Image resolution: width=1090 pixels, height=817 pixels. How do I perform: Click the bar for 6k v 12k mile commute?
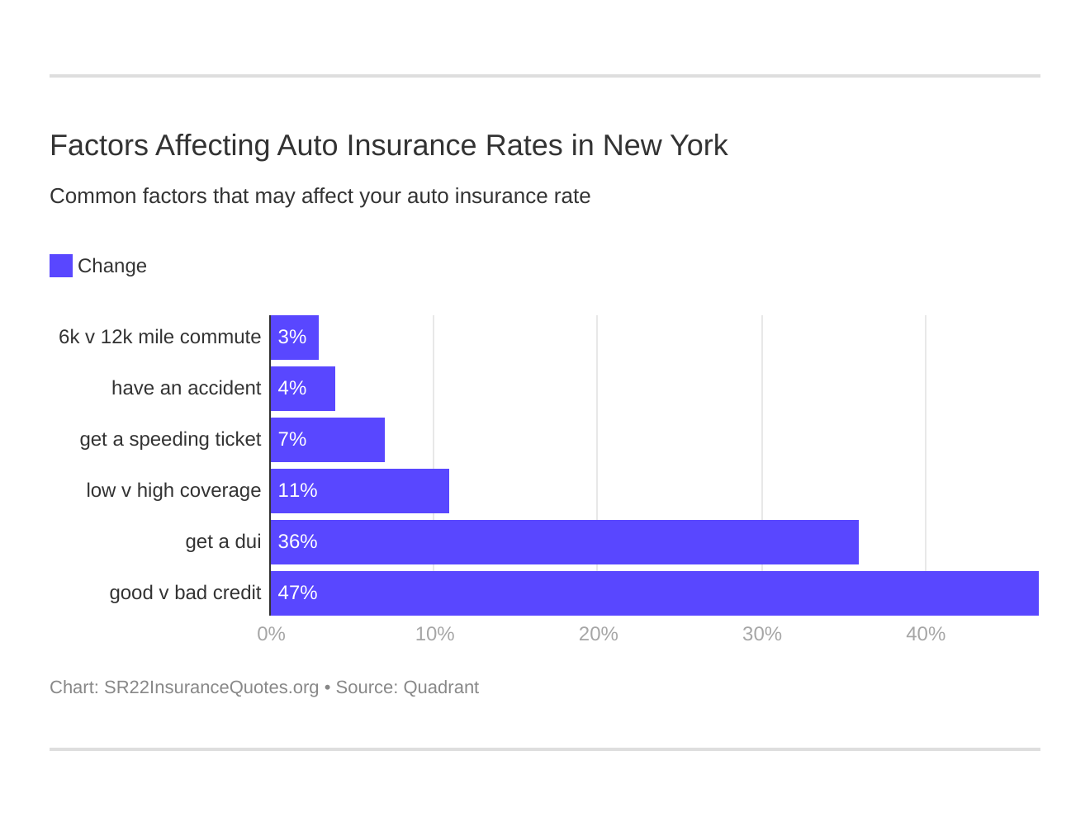tap(295, 338)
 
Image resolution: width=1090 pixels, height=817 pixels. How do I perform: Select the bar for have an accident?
tap(303, 389)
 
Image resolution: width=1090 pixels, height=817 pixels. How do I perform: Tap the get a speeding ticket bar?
tap(328, 440)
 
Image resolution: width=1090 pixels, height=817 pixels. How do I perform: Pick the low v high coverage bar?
tap(360, 491)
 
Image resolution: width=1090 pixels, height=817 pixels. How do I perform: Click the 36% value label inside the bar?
tap(297, 542)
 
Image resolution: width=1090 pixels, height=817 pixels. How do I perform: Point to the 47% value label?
tap(297, 593)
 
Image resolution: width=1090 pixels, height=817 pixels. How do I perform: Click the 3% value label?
tap(291, 338)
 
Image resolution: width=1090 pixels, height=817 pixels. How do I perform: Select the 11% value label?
tap(297, 491)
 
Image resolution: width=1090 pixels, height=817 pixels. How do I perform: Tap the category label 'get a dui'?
tap(223, 542)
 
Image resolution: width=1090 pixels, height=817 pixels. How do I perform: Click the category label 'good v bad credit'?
tap(185, 593)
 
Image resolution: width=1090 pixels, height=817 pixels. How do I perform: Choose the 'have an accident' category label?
tap(186, 389)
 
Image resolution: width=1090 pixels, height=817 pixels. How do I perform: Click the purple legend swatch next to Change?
tap(61, 266)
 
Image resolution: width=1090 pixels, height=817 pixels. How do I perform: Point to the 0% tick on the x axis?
tap(271, 635)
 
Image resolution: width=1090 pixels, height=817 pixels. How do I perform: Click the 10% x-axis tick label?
tap(434, 635)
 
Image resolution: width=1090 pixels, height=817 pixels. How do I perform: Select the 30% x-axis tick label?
tap(761, 635)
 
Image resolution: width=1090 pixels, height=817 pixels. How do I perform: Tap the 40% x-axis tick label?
tap(925, 635)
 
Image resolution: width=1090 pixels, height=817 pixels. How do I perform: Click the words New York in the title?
tap(665, 146)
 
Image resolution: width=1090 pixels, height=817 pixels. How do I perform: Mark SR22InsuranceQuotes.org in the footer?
tap(211, 687)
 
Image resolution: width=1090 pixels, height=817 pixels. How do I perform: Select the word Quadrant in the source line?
tap(441, 687)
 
